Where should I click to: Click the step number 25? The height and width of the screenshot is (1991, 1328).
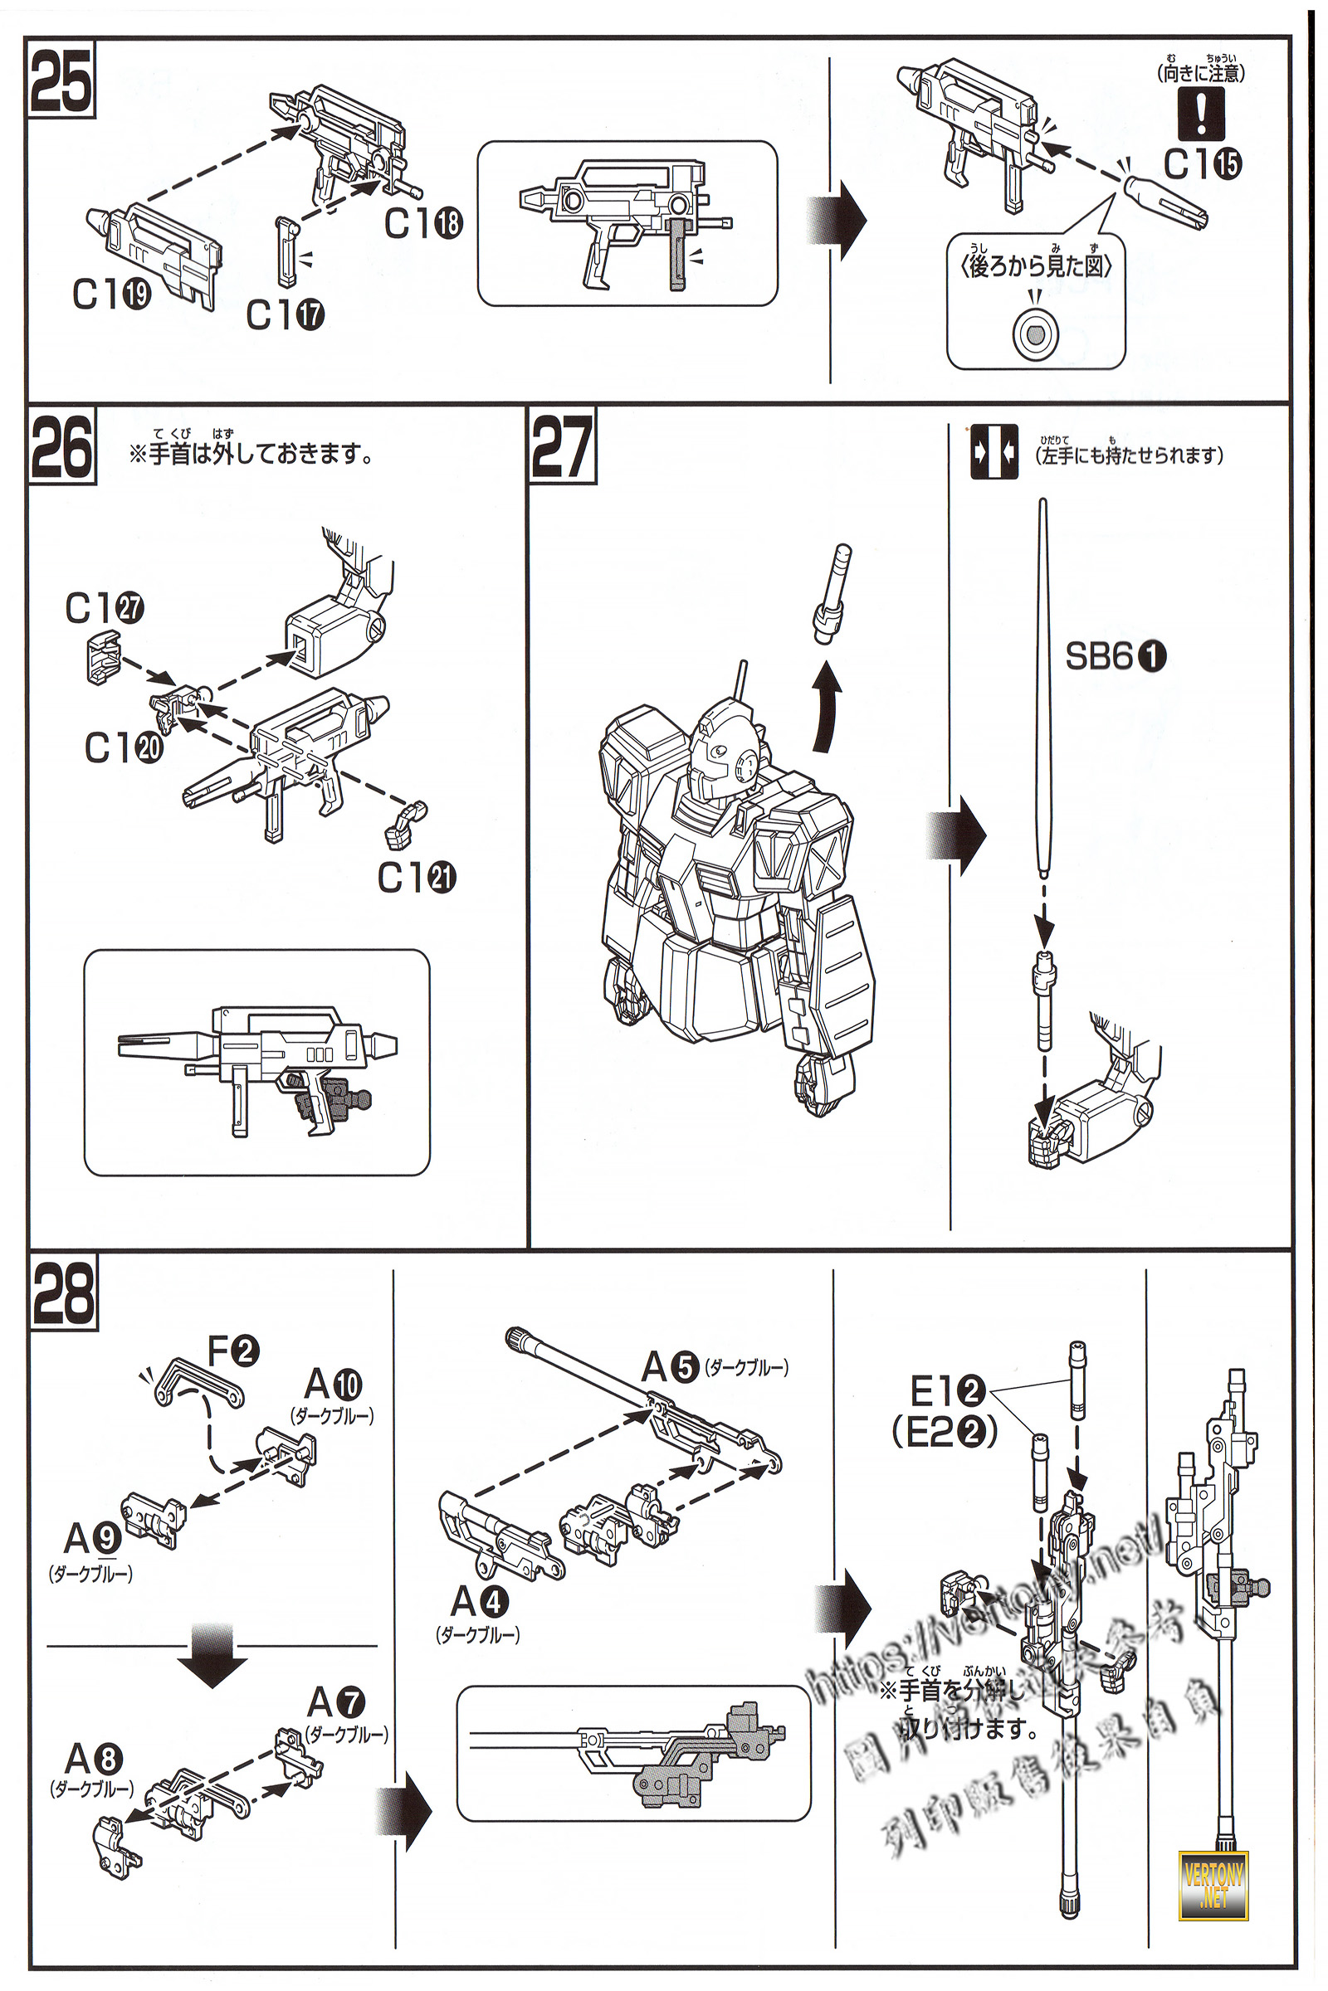pos(61,81)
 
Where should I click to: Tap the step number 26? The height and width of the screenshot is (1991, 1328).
pos(61,447)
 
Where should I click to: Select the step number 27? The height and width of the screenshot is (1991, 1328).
pos(562,447)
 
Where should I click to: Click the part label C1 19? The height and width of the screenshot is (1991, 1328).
pos(111,294)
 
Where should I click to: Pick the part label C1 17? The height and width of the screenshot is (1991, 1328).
pos(285,315)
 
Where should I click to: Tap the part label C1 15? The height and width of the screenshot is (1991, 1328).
pos(1202,163)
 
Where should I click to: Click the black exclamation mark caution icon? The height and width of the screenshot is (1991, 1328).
pos(1201,114)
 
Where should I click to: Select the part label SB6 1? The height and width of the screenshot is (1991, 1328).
pos(1115,656)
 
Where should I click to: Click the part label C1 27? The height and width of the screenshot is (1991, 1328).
pos(105,608)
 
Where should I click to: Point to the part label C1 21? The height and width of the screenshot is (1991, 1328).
pos(416,877)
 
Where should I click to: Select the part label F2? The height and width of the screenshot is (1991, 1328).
pos(233,1351)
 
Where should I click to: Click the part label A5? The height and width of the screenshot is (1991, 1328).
pos(670,1367)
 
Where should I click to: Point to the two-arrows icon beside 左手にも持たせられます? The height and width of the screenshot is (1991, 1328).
pos(994,453)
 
